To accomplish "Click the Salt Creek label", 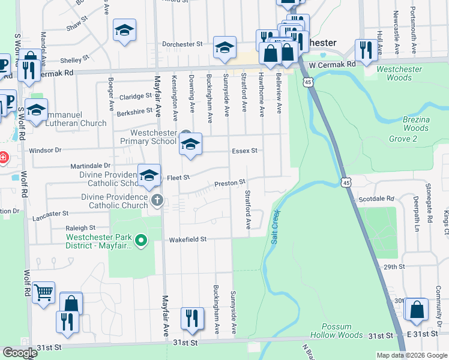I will pyautogui.click(x=275, y=227).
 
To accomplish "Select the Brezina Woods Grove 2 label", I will pyautogui.click(x=416, y=129).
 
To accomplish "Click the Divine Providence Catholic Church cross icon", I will pyautogui.click(x=157, y=199).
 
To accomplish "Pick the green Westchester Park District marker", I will pyautogui.click(x=141, y=241).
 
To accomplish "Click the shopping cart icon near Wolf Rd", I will pyautogui.click(x=43, y=293).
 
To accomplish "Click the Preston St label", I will pyautogui.click(x=231, y=182).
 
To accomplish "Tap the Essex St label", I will pyautogui.click(x=244, y=151).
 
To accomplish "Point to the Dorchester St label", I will pyautogui.click(x=183, y=44).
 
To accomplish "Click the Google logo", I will pyautogui.click(x=20, y=353).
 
